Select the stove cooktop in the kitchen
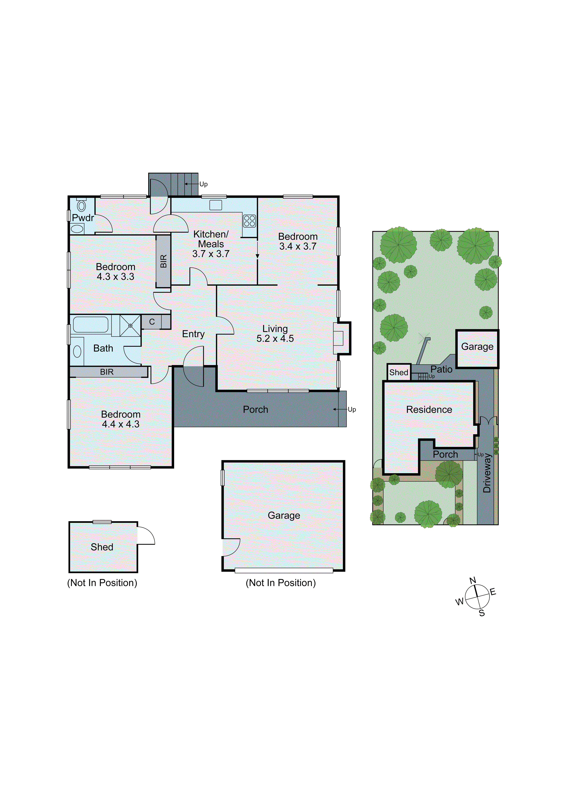pos(249,221)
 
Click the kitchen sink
pos(215,205)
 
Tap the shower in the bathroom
pos(130,325)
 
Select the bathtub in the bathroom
pos(91,324)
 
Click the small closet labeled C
pos(152,322)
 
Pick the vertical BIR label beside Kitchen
pos(163,261)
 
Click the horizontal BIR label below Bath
pos(107,372)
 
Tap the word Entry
pos(193,334)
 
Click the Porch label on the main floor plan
pos(256,410)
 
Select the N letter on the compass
pos(472,580)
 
